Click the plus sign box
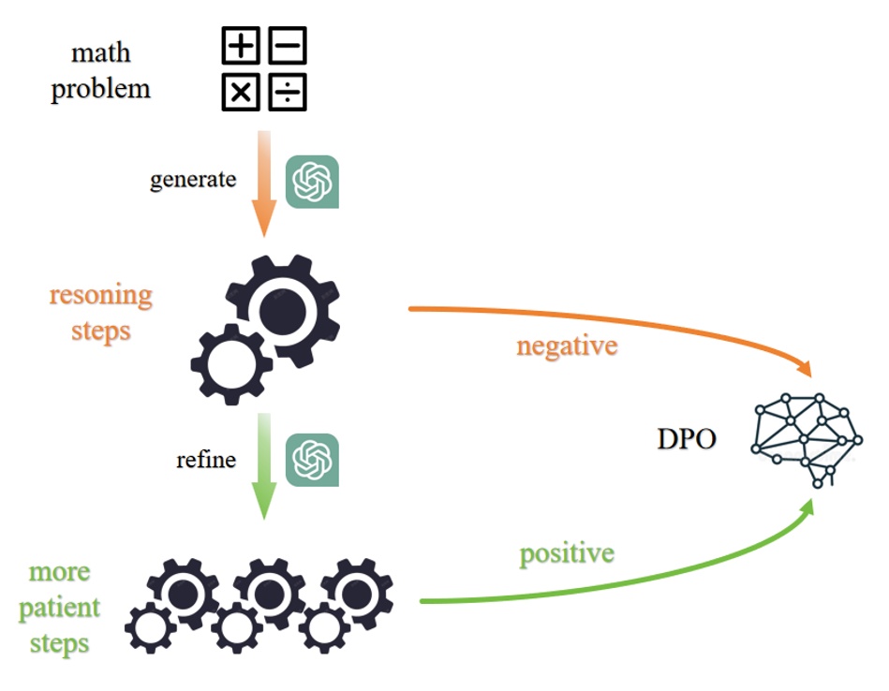click(242, 45)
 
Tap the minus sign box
click(288, 45)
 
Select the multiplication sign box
click(242, 92)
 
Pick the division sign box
click(288, 92)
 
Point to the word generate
click(193, 180)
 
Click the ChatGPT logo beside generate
click(312, 182)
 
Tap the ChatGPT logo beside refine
click(312, 461)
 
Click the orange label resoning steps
click(100, 313)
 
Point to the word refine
click(205, 461)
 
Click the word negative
click(567, 345)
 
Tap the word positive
click(567, 553)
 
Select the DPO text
click(686, 437)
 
